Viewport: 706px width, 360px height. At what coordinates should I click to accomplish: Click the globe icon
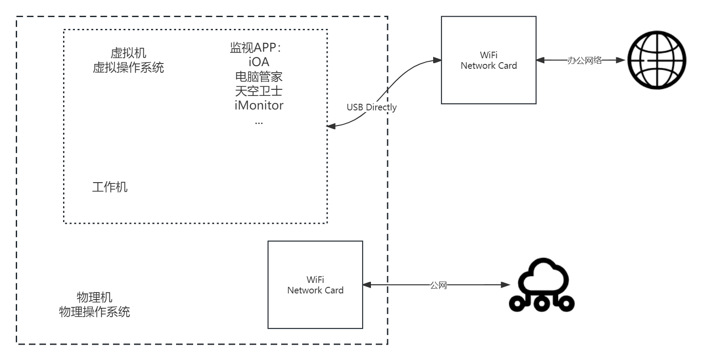(657, 60)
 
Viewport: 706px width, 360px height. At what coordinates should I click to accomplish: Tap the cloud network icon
(542, 285)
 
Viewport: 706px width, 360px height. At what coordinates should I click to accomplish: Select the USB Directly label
(371, 107)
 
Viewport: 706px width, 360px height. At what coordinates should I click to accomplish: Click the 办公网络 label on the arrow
(584, 60)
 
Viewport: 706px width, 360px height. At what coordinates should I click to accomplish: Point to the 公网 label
(438, 286)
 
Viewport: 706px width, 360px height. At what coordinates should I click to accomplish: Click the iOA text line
(259, 62)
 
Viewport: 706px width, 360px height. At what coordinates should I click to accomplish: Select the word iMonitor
(259, 106)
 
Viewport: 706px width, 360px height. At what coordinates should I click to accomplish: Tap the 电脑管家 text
(259, 77)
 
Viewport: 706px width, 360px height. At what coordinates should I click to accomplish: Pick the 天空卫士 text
(259, 91)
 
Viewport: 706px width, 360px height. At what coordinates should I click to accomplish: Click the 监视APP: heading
(256, 48)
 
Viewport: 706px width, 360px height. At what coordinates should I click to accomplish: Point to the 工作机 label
(109, 187)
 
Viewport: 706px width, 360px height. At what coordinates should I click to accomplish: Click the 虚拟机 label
(128, 53)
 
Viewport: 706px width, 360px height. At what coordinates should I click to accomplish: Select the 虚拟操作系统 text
(128, 67)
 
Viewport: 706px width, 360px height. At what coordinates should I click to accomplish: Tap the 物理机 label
(94, 297)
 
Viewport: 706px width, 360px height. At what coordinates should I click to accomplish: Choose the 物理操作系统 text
(94, 312)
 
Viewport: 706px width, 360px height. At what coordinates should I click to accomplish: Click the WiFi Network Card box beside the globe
(488, 60)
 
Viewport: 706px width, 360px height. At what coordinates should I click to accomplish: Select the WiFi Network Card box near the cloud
(315, 285)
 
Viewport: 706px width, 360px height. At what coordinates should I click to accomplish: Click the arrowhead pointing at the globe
(621, 60)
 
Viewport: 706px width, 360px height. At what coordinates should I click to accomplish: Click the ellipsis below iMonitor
(259, 123)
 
